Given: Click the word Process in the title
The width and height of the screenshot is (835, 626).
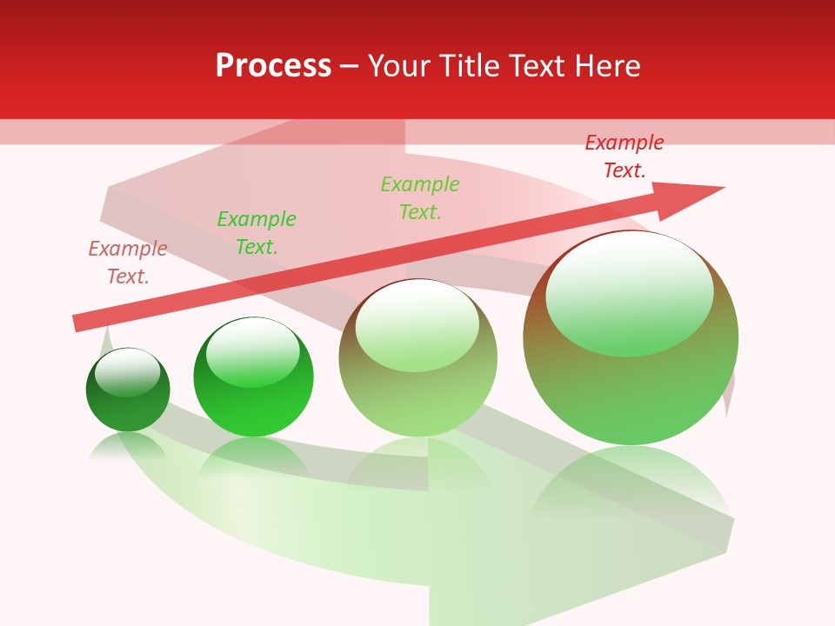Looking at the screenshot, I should [x=273, y=66].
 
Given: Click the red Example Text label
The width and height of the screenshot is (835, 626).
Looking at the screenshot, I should [x=624, y=156].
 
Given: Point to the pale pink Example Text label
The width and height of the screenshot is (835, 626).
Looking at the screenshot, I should [x=128, y=263].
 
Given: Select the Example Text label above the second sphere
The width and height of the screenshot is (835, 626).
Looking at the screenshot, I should [x=257, y=233].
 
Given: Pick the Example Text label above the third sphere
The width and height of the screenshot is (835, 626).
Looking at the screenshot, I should [x=420, y=198].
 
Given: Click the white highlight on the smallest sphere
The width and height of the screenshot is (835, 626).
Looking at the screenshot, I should [x=128, y=370].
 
